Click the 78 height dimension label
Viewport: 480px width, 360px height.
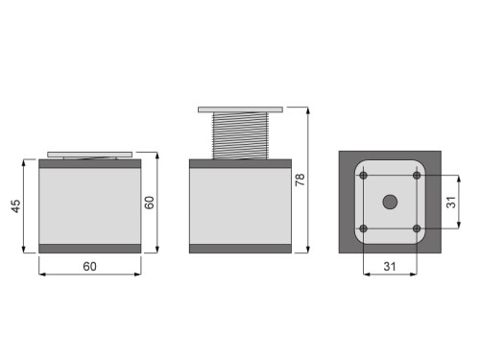tap(300, 180)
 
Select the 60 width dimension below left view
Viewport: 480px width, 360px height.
tap(89, 265)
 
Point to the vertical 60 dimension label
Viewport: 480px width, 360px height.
tap(149, 203)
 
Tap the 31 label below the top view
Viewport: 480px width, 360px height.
tap(390, 265)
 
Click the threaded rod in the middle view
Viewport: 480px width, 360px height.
tap(240, 135)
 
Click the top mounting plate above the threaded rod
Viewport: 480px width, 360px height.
tap(240, 108)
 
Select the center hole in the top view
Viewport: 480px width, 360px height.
tap(390, 202)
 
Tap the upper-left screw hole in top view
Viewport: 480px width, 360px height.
tap(364, 176)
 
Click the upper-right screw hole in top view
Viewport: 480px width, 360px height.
tap(417, 176)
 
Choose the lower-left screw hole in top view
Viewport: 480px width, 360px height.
tap(364, 228)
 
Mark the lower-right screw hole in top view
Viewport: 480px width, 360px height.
tap(417, 228)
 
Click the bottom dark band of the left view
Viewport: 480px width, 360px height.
tap(89, 249)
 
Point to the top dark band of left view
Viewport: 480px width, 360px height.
tap(89, 164)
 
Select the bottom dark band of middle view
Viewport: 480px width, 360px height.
tap(240, 249)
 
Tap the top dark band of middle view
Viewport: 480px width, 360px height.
tap(240, 164)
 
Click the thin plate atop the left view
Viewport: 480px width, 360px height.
tap(89, 154)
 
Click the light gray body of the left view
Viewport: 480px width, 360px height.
tap(89, 206)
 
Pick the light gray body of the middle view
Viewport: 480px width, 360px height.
tap(240, 206)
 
